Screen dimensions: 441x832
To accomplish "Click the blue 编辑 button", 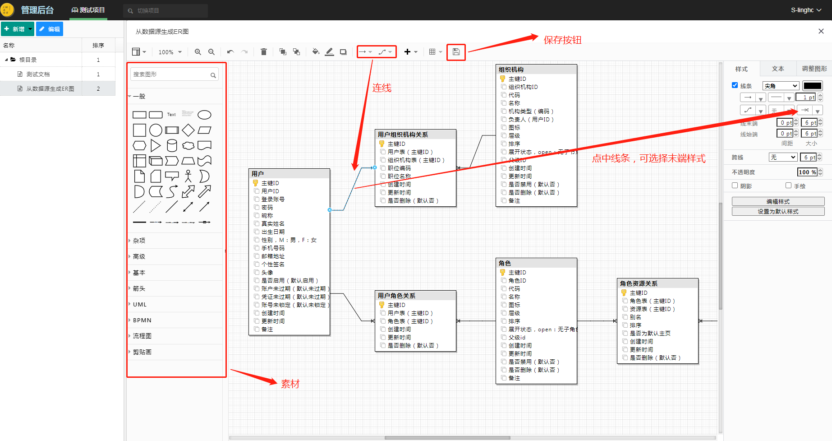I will (50, 29).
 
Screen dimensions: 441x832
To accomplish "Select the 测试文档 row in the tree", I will (38, 74).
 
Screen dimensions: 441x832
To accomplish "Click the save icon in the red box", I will (456, 52).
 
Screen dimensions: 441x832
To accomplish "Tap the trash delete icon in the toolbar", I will (264, 52).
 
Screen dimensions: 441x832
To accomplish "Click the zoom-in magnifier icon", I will (198, 52).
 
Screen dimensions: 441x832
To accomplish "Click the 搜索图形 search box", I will (171, 74).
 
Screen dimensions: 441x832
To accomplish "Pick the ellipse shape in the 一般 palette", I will (204, 115).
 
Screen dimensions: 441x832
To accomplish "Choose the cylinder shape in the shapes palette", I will (172, 145).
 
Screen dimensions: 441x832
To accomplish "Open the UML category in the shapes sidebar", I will (140, 304).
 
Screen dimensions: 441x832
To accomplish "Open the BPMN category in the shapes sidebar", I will (142, 320).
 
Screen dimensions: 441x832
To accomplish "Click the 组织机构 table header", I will (536, 70).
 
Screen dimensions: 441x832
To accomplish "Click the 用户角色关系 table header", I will (415, 296).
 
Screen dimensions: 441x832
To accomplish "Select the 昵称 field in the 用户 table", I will (267, 215).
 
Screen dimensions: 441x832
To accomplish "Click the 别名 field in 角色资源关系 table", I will (635, 317).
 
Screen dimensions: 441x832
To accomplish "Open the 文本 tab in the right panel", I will (778, 69).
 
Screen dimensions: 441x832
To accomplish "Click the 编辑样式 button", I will (778, 201).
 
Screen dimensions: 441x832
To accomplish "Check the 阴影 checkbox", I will (735, 186).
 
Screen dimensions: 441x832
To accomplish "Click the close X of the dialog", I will (821, 31).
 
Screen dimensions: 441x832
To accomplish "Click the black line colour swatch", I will (813, 86).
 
